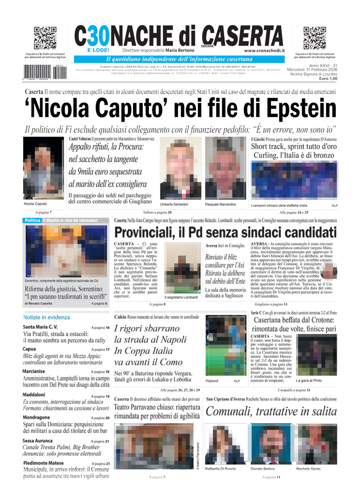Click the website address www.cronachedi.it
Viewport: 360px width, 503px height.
tap(264, 50)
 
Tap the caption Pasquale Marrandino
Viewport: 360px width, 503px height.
tap(220, 204)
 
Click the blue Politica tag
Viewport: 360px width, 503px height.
tap(32, 221)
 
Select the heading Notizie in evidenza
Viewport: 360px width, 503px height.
tap(46, 317)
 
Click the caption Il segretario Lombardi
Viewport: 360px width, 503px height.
tap(181, 297)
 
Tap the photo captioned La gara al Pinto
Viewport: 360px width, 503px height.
tap(317, 355)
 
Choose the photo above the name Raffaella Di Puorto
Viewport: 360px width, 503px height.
tap(225, 444)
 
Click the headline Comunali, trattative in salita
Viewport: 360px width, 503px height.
tap(271, 412)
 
